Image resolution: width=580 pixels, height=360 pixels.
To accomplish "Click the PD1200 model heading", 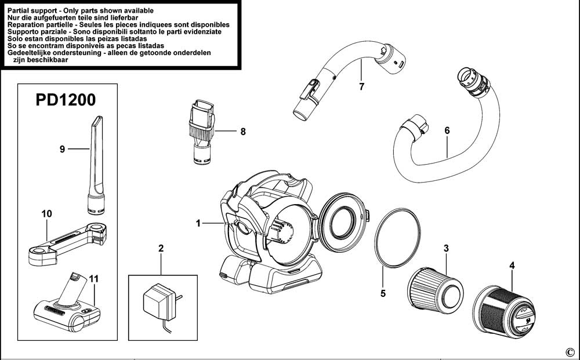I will point(66,100).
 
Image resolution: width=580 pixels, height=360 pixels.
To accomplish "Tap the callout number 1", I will point(198,223).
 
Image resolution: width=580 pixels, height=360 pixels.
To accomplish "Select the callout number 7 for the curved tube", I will point(361,87).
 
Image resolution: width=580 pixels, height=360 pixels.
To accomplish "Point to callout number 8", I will point(242,132).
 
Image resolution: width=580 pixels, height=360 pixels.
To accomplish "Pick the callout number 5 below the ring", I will point(383,293).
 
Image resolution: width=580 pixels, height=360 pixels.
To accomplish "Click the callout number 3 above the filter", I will point(446,249).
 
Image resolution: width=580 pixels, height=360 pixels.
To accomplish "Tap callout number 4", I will point(512,266).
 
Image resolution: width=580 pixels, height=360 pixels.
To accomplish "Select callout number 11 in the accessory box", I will point(95,279).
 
